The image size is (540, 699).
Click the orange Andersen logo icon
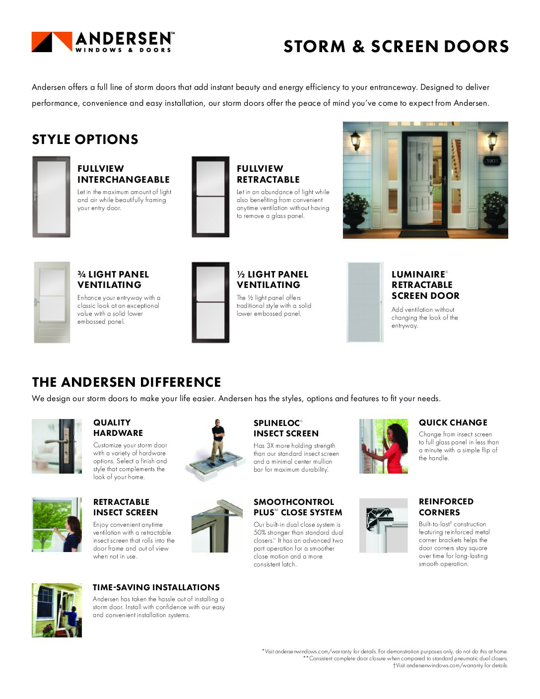click(52, 42)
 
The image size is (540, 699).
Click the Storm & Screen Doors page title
click(396, 46)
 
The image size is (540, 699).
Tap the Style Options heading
click(85, 140)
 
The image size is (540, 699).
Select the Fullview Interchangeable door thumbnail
click(51, 197)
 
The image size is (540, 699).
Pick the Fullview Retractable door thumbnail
click(210, 197)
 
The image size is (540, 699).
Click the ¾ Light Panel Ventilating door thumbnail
click(52, 302)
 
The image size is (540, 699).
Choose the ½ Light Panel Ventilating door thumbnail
click(210, 302)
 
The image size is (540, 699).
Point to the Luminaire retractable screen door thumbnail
click(365, 302)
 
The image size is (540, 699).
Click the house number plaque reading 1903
click(491, 161)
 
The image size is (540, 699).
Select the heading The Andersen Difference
click(127, 382)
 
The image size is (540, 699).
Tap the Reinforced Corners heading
click(446, 507)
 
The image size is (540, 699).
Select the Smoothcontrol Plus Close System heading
click(298, 507)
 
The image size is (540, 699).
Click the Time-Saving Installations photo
click(57, 610)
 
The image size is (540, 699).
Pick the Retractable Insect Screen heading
click(125, 507)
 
